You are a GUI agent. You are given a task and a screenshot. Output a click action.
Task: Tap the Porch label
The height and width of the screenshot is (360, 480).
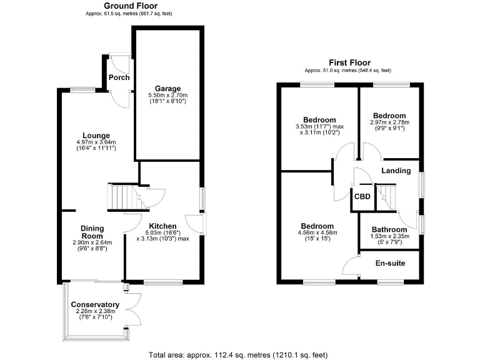(x=119, y=77)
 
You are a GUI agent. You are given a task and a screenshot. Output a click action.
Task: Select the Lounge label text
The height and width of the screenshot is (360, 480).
(x=96, y=136)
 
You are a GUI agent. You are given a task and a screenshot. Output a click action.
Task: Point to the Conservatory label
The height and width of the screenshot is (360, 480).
(x=94, y=304)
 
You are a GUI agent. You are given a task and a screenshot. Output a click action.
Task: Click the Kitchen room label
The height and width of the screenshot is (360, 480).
(x=162, y=226)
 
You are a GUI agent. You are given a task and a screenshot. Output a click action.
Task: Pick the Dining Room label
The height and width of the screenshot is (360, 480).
(x=92, y=232)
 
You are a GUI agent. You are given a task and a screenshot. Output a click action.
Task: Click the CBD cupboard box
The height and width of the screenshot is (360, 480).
(x=362, y=196)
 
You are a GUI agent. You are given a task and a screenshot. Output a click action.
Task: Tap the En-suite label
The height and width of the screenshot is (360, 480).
(x=390, y=263)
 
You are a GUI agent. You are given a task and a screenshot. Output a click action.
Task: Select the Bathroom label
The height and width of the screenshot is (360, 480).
(x=389, y=229)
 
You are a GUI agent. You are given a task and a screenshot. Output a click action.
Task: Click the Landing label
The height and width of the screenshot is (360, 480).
(x=396, y=171)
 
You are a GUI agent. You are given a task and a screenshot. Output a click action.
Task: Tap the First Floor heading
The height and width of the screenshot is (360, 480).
(x=349, y=62)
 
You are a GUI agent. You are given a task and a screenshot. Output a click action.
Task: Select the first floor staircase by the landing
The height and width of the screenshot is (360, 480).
(x=388, y=197)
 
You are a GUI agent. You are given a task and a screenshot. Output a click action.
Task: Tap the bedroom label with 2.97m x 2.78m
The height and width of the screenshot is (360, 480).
(x=389, y=116)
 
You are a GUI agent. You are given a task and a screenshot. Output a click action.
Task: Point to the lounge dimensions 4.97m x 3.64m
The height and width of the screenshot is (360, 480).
(x=96, y=143)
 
